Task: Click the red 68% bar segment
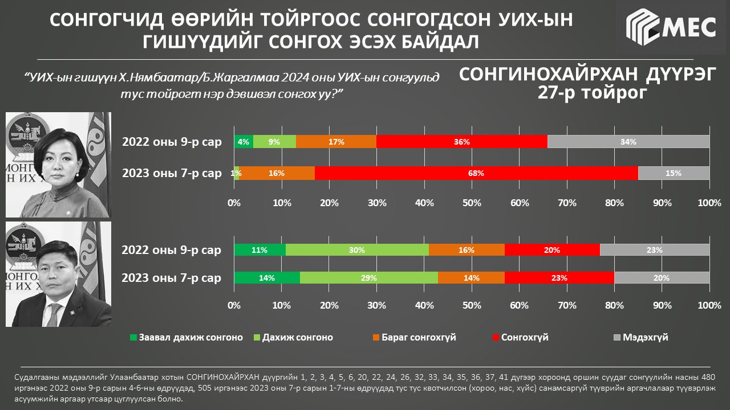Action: [476, 173]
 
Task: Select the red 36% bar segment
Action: [462, 142]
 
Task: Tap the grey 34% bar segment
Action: [628, 142]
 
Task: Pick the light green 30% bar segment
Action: [357, 249]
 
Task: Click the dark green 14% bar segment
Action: [267, 278]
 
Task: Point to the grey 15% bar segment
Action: [674, 173]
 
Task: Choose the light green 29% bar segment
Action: [369, 278]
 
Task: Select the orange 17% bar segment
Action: [336, 142]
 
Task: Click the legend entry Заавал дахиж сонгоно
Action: [186, 337]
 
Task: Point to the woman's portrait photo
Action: [58, 165]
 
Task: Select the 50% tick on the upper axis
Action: [472, 203]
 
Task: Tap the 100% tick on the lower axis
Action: [709, 305]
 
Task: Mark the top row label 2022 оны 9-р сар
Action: [172, 142]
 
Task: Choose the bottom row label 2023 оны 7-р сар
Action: [172, 278]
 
